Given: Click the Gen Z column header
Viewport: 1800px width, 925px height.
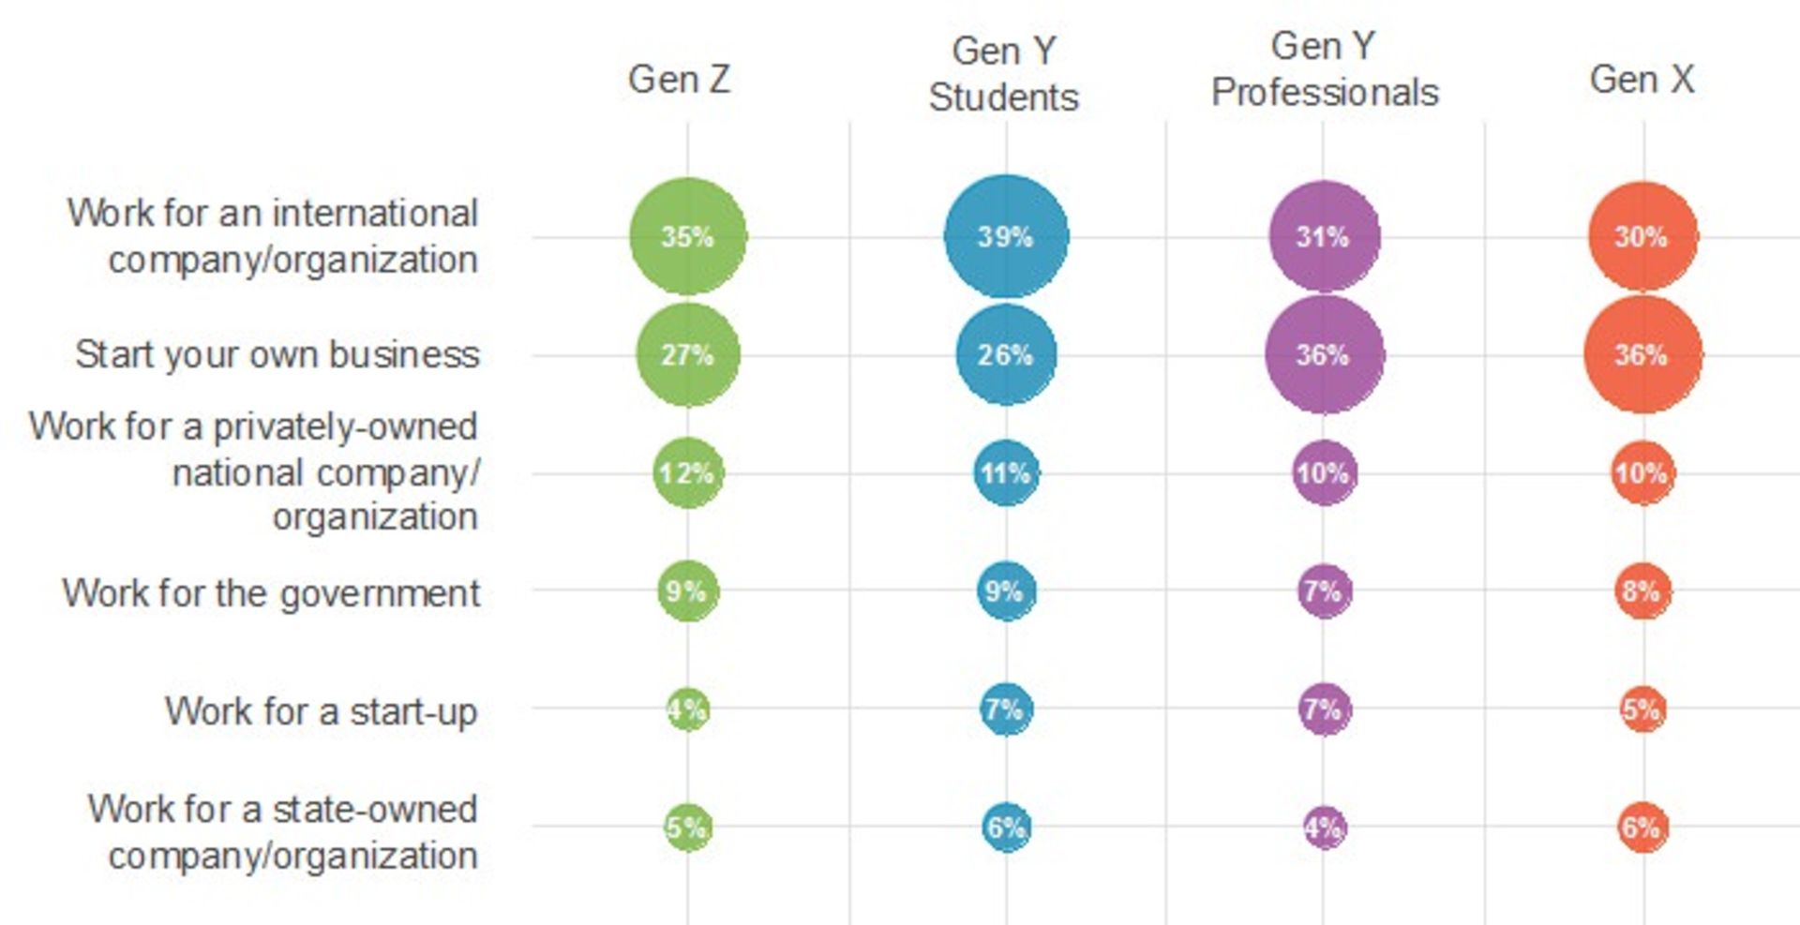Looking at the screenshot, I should coord(679,80).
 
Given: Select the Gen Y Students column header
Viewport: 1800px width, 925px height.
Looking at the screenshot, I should coord(1004,74).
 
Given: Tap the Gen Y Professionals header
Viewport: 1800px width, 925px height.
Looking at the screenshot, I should coord(1324,69).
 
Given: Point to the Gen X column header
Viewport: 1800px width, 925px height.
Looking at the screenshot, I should coord(1642,80).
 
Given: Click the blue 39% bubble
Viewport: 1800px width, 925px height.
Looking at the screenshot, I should coord(1006,236).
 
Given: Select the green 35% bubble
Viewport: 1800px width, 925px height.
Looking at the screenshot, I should coord(688,236).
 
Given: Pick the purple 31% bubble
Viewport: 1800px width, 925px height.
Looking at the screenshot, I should coord(1324,236).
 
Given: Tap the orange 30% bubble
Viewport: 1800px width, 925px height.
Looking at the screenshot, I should coord(1642,236).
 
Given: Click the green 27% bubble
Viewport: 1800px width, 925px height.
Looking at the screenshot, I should coord(688,355).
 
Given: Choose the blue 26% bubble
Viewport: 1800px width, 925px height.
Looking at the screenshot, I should coord(1006,355).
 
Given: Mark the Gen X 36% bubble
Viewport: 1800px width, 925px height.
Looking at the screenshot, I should coord(1642,355).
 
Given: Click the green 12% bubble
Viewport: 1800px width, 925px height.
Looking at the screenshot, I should coord(688,473).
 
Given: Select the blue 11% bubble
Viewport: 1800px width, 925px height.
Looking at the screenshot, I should coord(1006,473).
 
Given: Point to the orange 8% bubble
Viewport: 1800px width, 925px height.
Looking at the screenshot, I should coord(1642,591).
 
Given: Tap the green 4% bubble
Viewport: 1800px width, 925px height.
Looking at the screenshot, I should coord(688,709).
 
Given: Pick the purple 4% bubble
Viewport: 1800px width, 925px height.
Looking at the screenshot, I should coord(1324,828).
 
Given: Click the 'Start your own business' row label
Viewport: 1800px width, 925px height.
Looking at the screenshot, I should coord(277,355).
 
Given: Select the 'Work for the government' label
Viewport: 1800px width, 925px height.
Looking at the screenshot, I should coord(271,593).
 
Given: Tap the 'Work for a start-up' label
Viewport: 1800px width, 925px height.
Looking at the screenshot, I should coord(322,711).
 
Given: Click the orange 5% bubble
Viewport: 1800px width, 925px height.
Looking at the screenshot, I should coord(1642,709).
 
